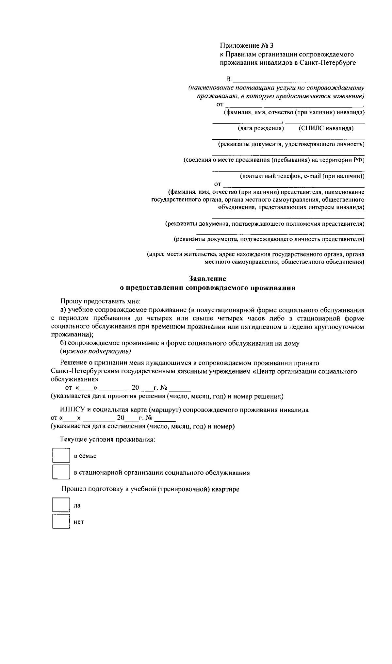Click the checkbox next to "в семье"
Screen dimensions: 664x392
tap(61, 455)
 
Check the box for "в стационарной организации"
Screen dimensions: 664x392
tap(61, 472)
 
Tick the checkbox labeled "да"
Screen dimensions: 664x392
tap(61, 505)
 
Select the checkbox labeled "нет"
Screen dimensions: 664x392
tap(61, 522)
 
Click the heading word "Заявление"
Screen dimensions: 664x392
tap(207, 279)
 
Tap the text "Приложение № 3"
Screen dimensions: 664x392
tap(246, 45)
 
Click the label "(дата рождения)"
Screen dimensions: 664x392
tap(261, 128)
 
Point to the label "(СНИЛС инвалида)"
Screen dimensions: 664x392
tap(326, 128)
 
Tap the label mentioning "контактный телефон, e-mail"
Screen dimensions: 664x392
tap(302, 176)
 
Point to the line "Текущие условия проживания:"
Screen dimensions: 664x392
tap(107, 439)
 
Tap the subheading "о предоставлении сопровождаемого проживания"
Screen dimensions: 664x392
tap(207, 288)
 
